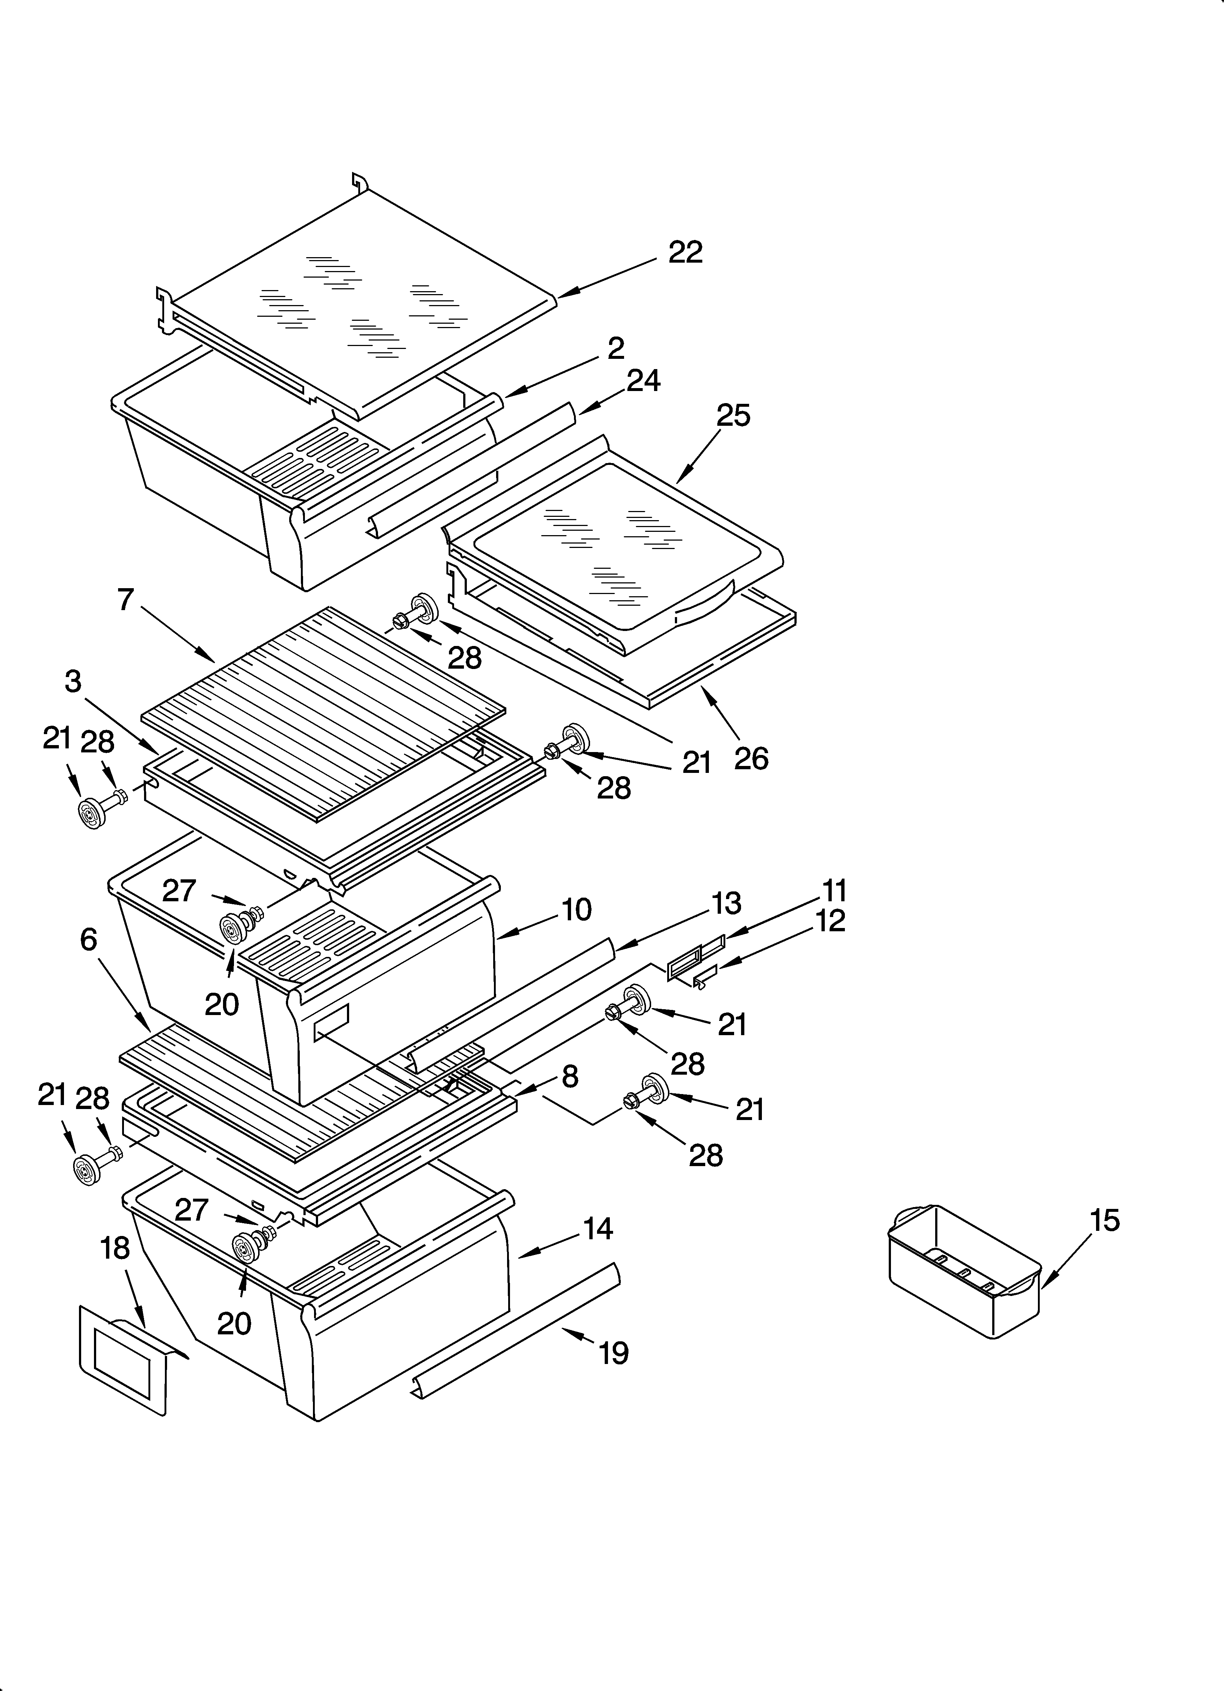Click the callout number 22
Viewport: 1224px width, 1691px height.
(685, 253)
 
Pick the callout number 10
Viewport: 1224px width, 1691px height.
(576, 910)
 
